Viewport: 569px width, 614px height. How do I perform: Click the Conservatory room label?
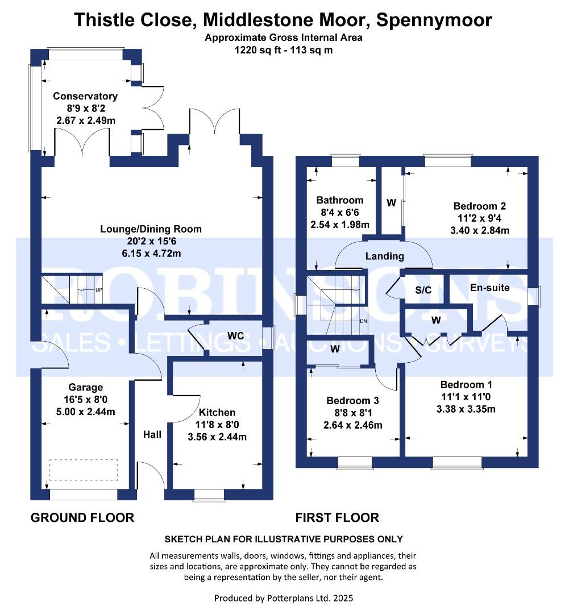click(85, 96)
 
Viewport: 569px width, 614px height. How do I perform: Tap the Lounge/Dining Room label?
click(151, 230)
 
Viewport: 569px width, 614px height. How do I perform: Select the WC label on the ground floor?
click(235, 336)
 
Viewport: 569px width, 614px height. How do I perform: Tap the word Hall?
click(152, 435)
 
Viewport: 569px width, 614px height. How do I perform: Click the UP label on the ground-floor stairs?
click(99, 290)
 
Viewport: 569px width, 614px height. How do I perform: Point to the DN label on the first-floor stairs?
click(364, 321)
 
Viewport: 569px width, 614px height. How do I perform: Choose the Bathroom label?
click(340, 200)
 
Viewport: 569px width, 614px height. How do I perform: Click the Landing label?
click(385, 256)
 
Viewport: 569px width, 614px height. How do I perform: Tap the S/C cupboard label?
click(423, 290)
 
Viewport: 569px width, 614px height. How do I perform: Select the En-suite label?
click(489, 288)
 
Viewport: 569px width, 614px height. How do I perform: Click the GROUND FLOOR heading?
click(82, 517)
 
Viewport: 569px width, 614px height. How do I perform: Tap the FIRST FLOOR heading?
click(337, 517)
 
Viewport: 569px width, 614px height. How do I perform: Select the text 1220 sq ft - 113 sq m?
click(284, 49)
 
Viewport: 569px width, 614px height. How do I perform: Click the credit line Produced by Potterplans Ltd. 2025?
click(284, 598)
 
